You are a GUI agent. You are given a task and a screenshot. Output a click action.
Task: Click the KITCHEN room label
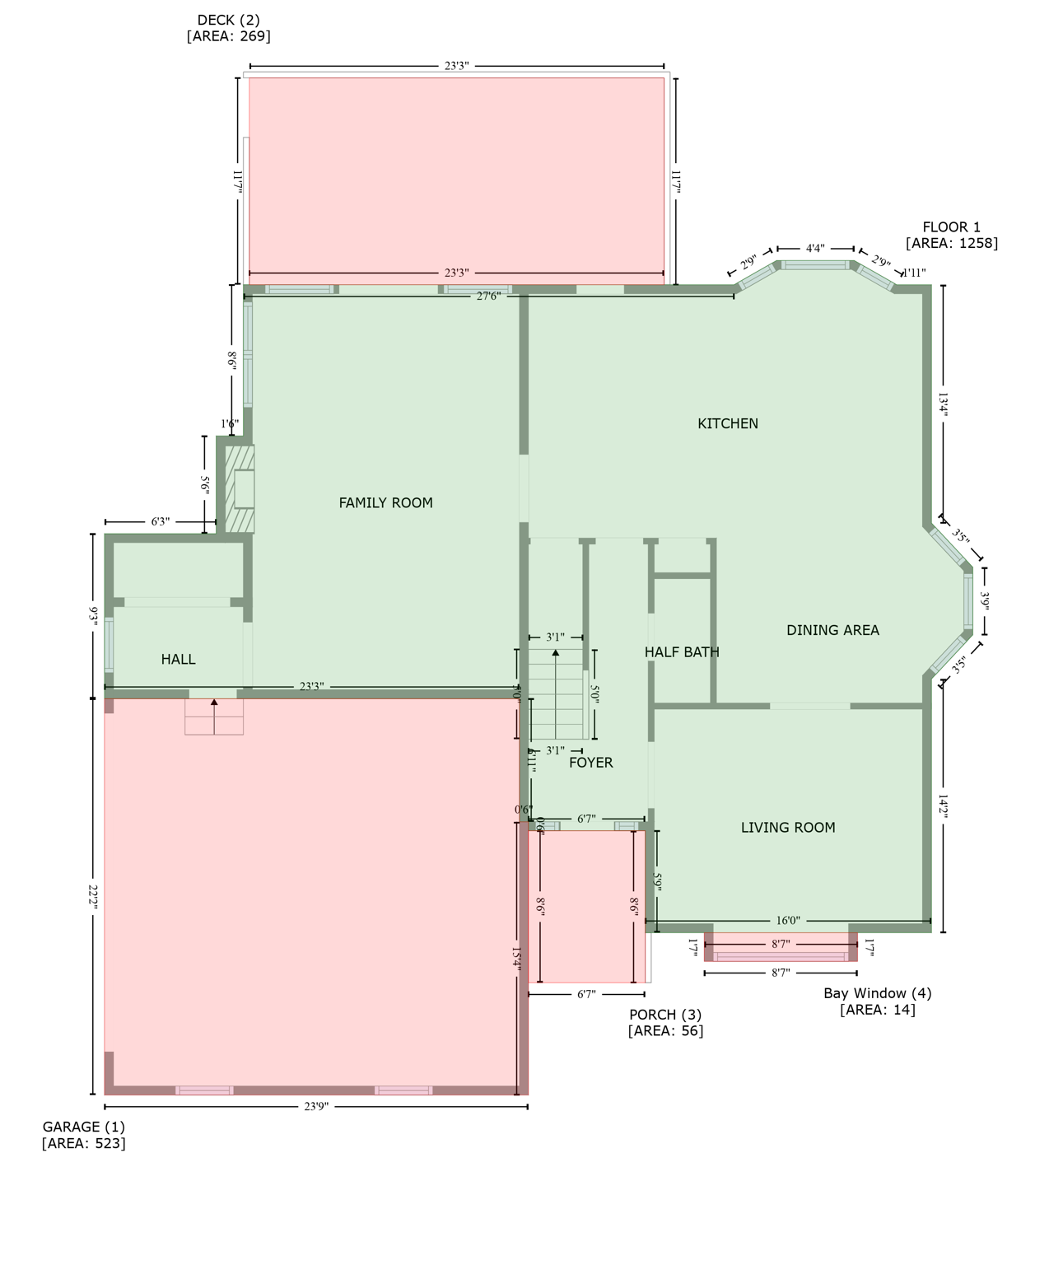tap(728, 423)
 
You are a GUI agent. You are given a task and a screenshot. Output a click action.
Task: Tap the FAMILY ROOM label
tap(385, 502)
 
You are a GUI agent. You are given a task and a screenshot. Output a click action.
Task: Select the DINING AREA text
tap(832, 630)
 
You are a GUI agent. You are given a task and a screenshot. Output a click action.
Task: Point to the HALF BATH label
tap(682, 652)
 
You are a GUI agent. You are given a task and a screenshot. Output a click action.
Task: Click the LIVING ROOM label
tap(788, 828)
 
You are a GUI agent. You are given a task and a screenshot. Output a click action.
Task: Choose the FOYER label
tap(590, 763)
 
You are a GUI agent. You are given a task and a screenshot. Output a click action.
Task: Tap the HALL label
tap(178, 659)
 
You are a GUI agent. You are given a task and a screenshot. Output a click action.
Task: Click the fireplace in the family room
tap(241, 489)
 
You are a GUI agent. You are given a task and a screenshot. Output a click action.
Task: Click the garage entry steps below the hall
tap(214, 717)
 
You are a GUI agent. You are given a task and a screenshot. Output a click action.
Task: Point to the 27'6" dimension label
tap(488, 296)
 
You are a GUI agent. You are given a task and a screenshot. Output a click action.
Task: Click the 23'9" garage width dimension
tap(316, 1106)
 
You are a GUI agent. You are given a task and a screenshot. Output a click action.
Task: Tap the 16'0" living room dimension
tap(788, 921)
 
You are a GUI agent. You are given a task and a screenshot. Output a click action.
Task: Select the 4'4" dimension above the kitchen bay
tap(815, 248)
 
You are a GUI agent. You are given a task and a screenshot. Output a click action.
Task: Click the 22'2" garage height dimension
tap(93, 897)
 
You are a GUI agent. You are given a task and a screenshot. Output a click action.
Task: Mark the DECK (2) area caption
tap(228, 28)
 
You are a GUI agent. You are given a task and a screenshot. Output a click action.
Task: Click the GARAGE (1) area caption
tap(84, 1135)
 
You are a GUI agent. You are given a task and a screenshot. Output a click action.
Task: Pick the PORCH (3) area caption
tap(665, 1022)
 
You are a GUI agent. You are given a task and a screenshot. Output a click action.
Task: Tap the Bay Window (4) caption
tap(878, 1001)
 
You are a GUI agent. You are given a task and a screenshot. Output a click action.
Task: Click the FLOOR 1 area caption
tap(951, 235)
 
